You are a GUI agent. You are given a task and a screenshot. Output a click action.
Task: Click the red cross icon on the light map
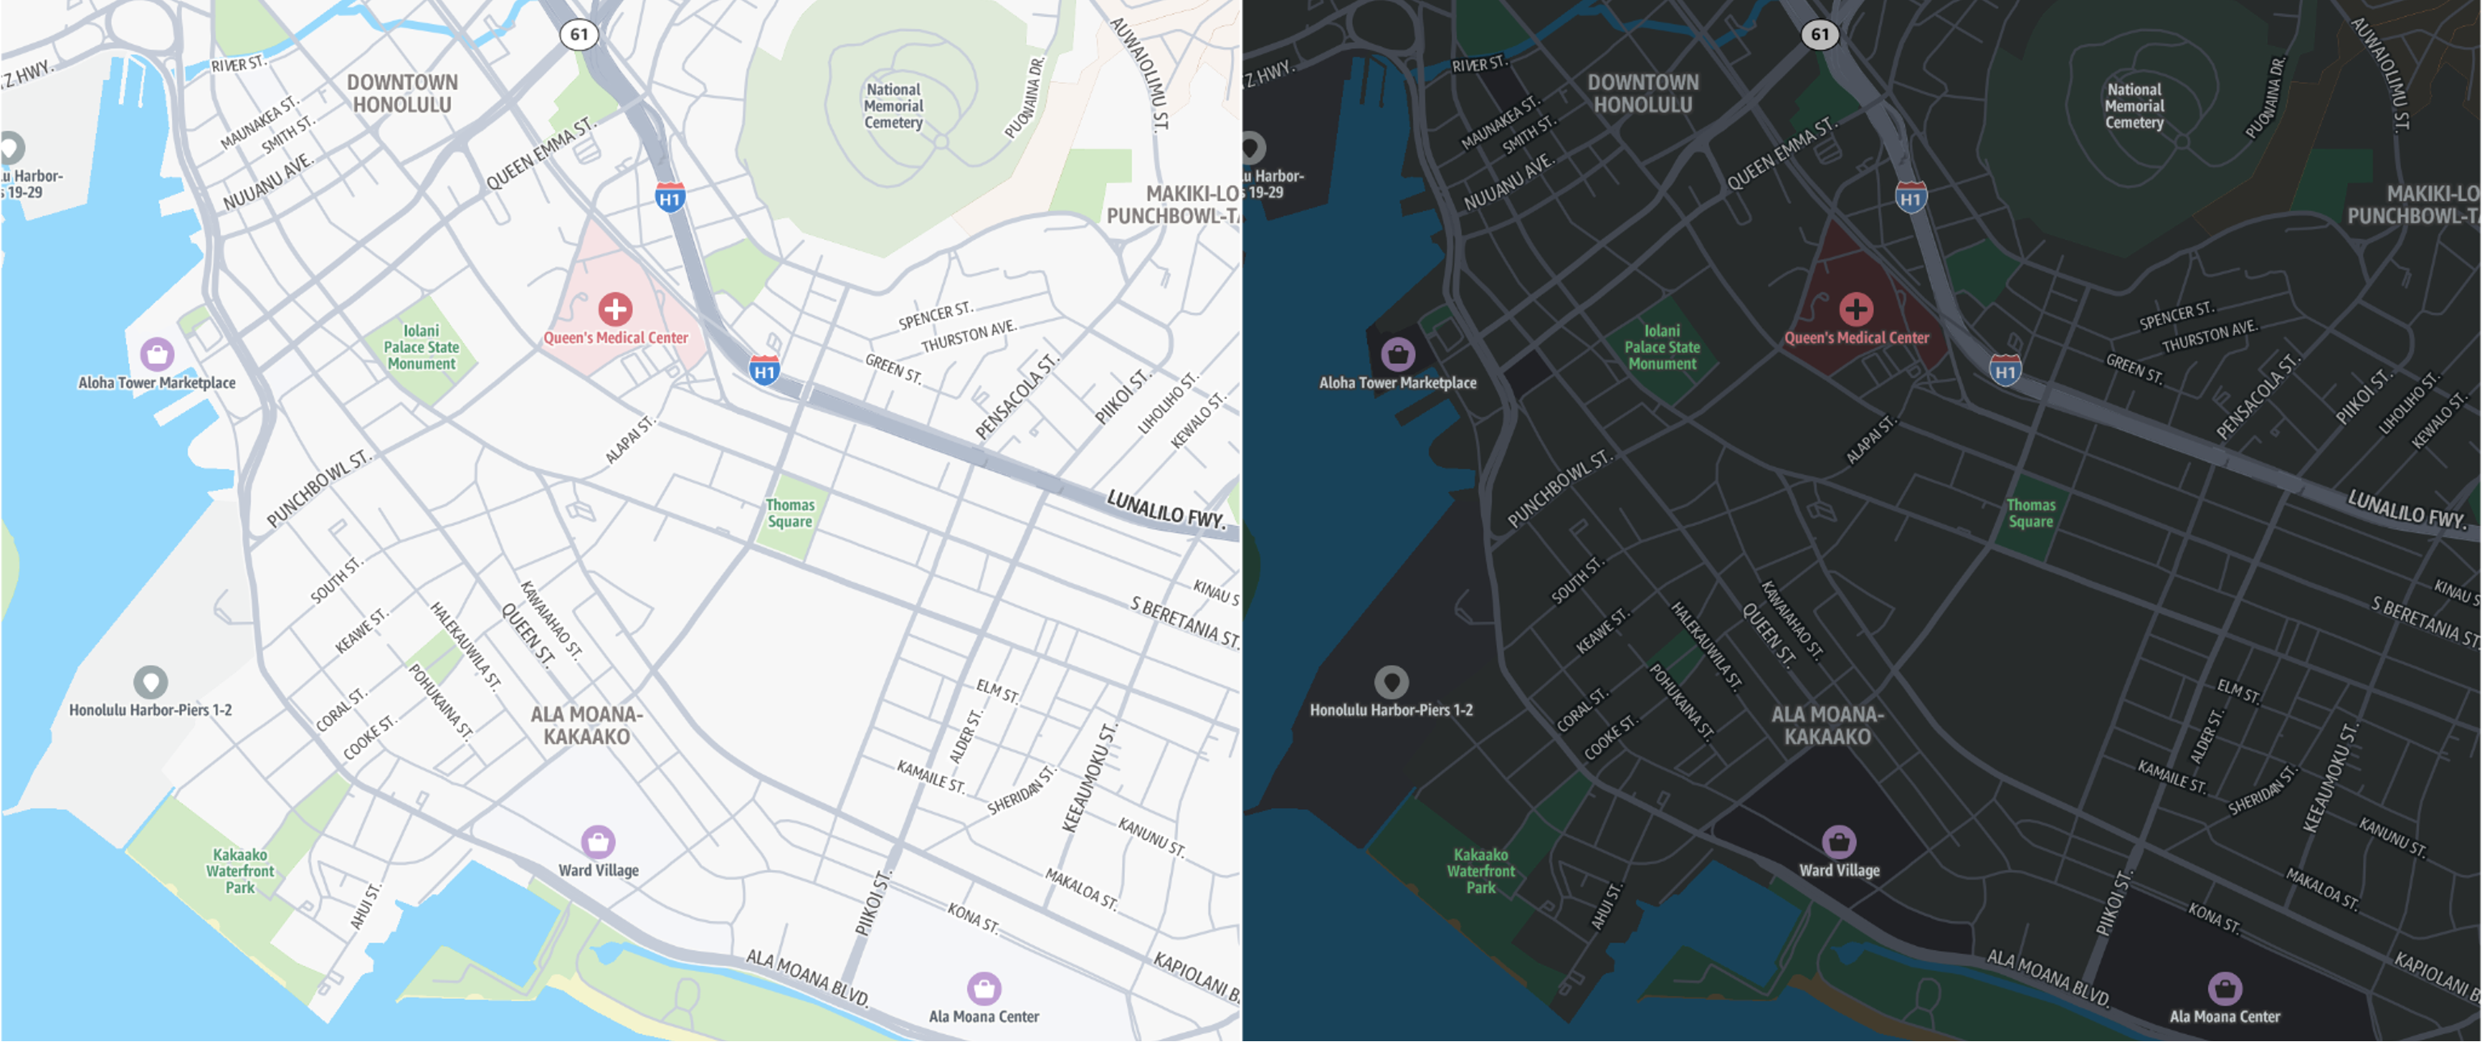(x=615, y=309)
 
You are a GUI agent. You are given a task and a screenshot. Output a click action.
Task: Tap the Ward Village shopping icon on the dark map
(x=1838, y=841)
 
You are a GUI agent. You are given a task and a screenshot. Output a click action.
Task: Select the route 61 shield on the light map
(x=579, y=35)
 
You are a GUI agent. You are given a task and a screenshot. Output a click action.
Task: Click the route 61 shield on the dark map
(x=1819, y=35)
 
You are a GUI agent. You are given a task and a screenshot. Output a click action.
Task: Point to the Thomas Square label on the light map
(x=790, y=513)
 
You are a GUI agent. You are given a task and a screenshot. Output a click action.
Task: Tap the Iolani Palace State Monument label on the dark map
(x=1662, y=347)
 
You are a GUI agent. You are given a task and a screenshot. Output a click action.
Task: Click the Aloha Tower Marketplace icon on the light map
(x=157, y=354)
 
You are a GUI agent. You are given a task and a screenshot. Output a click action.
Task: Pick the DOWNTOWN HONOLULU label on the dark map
(x=1643, y=94)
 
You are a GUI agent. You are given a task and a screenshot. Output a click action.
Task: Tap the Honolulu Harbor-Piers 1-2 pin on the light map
(x=150, y=682)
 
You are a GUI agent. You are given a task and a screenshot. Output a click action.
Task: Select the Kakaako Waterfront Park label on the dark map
(x=1481, y=872)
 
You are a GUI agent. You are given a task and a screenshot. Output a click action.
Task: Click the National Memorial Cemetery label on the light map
(x=893, y=106)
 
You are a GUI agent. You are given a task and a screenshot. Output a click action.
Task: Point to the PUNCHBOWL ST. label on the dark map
(x=1557, y=488)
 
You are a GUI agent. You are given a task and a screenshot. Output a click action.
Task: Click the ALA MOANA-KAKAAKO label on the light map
(x=586, y=725)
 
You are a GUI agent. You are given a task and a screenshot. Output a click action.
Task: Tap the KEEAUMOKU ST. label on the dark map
(x=2330, y=777)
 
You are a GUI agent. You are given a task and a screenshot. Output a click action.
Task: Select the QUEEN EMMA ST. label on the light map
(x=541, y=154)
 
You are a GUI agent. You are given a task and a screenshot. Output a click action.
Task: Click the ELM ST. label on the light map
(x=997, y=691)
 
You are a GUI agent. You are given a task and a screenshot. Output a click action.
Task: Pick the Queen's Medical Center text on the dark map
(x=1856, y=338)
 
